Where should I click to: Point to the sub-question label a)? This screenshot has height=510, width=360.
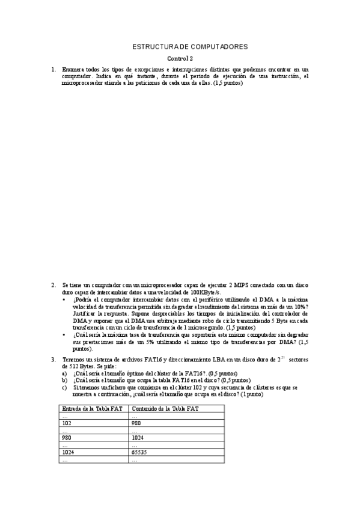64,373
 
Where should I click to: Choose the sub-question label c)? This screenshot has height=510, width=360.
64,387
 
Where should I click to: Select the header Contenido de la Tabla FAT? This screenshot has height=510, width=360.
165,408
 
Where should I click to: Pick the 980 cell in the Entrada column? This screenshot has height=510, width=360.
67,437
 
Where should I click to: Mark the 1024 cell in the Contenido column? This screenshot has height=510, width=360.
138,437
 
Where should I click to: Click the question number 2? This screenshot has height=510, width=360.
53,284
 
